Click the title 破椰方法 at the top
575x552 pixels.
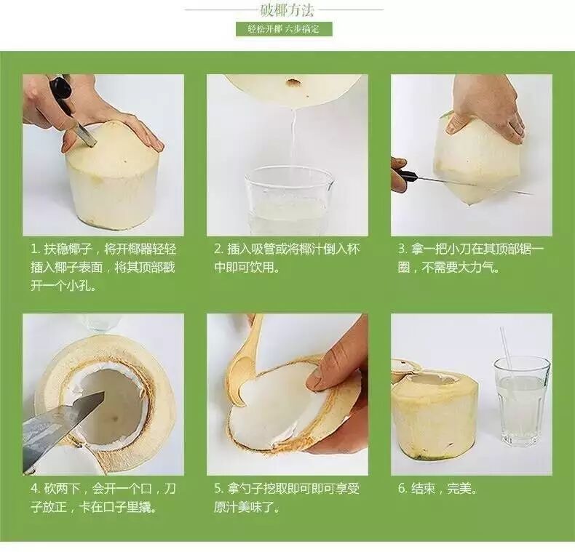click(x=287, y=10)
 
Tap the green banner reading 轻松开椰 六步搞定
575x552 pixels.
click(x=284, y=29)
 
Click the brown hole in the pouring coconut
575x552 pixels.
click(x=293, y=82)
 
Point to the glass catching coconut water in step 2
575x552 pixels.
click(x=290, y=201)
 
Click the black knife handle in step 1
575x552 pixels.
click(x=60, y=90)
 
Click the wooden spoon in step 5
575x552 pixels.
click(x=242, y=367)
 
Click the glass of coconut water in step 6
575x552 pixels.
click(x=521, y=401)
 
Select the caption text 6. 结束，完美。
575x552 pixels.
click(x=437, y=489)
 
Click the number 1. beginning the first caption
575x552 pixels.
click(x=35, y=249)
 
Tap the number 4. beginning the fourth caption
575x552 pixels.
click(x=36, y=489)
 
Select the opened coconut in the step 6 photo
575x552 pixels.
click(x=435, y=409)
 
